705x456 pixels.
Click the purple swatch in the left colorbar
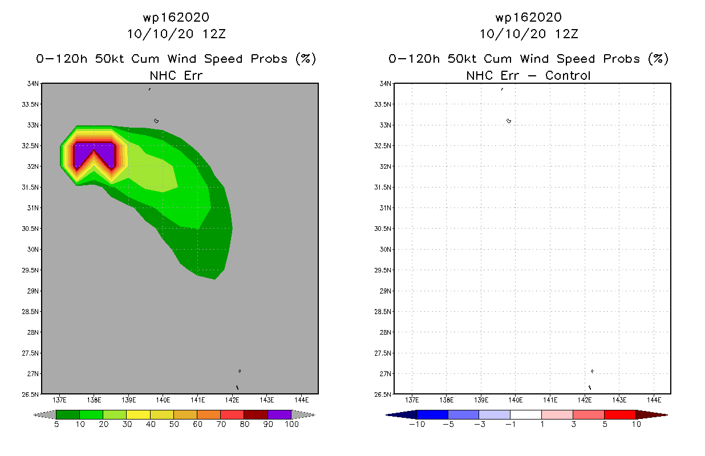tap(279, 414)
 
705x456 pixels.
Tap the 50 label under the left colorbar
tap(174, 425)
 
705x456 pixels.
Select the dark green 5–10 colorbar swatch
tap(68, 414)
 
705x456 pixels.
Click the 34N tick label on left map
tap(33, 84)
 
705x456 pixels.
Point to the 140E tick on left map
tap(163, 400)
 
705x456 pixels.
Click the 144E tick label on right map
tap(654, 400)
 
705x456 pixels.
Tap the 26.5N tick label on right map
tap(382, 394)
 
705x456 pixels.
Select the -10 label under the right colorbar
tap(417, 425)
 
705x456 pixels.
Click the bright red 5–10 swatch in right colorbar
tap(620, 414)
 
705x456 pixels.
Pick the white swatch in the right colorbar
tap(526, 414)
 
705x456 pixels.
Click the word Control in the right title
tap(568, 76)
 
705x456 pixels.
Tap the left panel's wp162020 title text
tap(176, 17)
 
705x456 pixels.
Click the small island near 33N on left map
tap(156, 121)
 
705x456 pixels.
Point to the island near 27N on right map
tap(592, 371)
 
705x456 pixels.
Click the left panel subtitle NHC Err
tap(176, 76)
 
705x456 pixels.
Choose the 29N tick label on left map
tap(33, 291)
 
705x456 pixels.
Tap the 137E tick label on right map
tap(412, 400)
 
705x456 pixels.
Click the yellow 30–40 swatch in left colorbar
tap(138, 414)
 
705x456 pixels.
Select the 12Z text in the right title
tap(566, 34)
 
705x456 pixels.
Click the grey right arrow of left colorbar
tap(303, 414)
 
